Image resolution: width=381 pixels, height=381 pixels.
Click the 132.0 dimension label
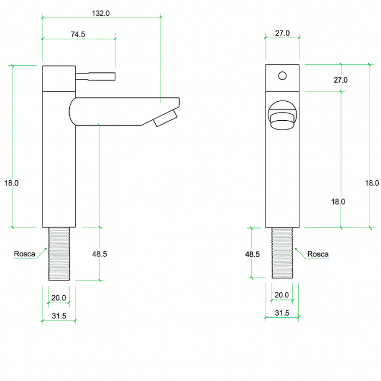tap(101, 14)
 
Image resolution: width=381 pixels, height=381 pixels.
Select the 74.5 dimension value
tap(78, 34)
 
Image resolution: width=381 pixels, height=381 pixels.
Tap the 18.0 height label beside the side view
tap(12, 183)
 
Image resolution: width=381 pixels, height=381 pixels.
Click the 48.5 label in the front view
tap(253, 254)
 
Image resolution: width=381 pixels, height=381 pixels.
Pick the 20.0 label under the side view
tap(59, 298)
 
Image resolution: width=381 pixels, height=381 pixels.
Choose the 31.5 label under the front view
tap(282, 313)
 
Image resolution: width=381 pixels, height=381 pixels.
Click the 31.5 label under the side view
tap(59, 316)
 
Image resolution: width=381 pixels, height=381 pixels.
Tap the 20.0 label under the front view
tap(282, 295)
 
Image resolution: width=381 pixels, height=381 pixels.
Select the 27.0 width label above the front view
tap(282, 33)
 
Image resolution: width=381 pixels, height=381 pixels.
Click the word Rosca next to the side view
tap(24, 254)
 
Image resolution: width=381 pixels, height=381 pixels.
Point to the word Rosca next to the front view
tap(318, 254)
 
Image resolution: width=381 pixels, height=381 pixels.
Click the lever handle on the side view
tap(96, 76)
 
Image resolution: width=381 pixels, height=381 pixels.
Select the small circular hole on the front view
tap(282, 75)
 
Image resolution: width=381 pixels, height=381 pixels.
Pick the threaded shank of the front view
tap(282, 254)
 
